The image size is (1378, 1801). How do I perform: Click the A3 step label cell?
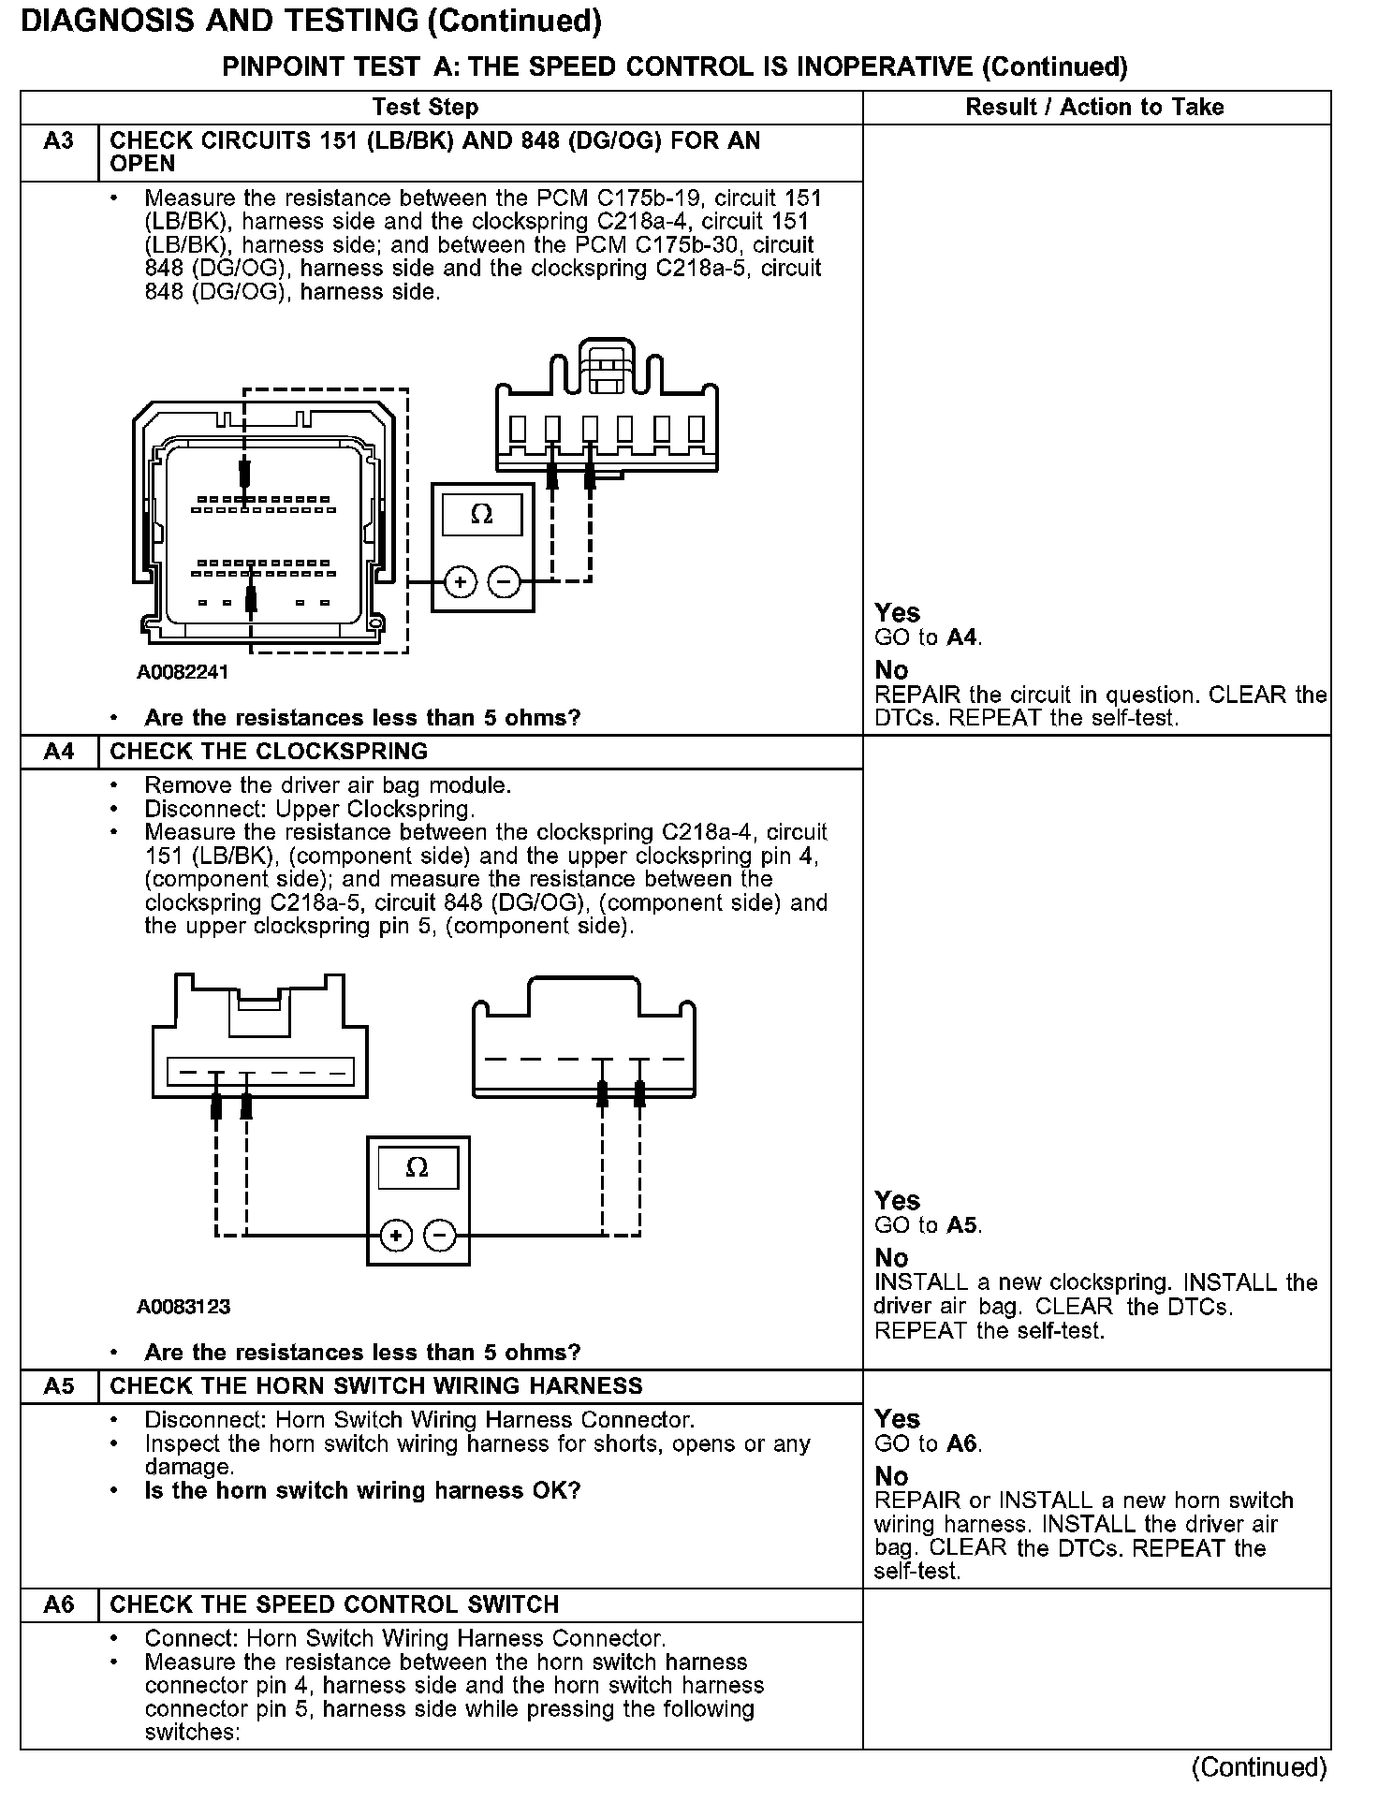click(59, 142)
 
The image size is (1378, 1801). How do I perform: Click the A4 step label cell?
click(59, 752)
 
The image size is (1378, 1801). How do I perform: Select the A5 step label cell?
click(59, 1386)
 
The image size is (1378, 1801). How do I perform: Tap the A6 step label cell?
click(59, 1604)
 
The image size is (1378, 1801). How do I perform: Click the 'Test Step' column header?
click(425, 107)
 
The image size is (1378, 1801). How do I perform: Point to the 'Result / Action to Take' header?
click(1094, 107)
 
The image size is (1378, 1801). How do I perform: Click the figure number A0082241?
click(183, 672)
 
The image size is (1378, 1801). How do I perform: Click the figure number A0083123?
click(183, 1307)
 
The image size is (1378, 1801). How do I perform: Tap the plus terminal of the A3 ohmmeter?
click(460, 582)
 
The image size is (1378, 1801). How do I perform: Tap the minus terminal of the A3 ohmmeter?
click(505, 582)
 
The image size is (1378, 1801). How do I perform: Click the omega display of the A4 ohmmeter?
click(418, 1168)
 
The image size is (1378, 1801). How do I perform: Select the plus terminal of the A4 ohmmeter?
click(396, 1237)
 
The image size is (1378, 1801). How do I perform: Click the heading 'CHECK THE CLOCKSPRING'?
click(269, 752)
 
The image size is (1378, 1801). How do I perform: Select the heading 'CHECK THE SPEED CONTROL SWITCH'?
click(334, 1604)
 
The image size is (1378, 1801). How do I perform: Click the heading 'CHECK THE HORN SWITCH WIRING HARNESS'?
click(376, 1386)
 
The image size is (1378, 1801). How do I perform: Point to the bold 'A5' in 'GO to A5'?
click(963, 1225)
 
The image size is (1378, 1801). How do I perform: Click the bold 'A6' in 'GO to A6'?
click(963, 1443)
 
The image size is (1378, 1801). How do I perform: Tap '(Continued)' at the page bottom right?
click(1259, 1767)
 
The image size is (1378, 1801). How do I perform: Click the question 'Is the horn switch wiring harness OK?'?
click(362, 1490)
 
